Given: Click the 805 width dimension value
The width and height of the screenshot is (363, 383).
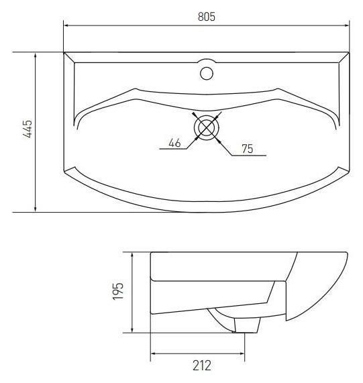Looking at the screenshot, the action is click(x=207, y=17).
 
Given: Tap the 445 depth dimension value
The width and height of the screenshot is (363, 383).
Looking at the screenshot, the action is click(x=28, y=129).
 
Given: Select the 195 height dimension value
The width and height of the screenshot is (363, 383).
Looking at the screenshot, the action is click(x=118, y=291).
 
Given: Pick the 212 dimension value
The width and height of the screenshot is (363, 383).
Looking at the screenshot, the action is click(x=202, y=366).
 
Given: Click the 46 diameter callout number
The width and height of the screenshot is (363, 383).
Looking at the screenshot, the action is click(x=174, y=143).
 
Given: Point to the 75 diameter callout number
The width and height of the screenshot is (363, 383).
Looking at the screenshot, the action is click(x=248, y=149).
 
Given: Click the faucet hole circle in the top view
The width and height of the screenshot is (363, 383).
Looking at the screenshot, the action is click(x=207, y=73).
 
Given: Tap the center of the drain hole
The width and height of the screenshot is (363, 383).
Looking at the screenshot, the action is click(x=207, y=127).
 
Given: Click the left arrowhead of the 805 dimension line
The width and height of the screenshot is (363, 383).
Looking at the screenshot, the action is click(x=66, y=25).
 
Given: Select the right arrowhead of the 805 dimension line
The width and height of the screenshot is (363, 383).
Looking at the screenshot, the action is click(x=347, y=25).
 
